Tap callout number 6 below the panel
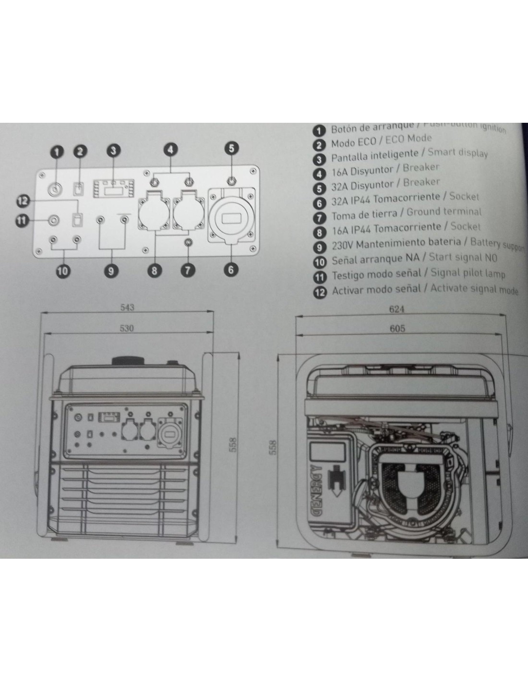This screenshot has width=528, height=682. pyautogui.click(x=231, y=270)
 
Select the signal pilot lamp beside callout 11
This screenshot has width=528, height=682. pyautogui.click(x=54, y=220)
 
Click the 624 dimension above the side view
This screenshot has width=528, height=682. pyautogui.click(x=396, y=309)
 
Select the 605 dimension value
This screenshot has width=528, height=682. pyautogui.click(x=397, y=328)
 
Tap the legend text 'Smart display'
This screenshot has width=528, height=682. pyautogui.click(x=457, y=153)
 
